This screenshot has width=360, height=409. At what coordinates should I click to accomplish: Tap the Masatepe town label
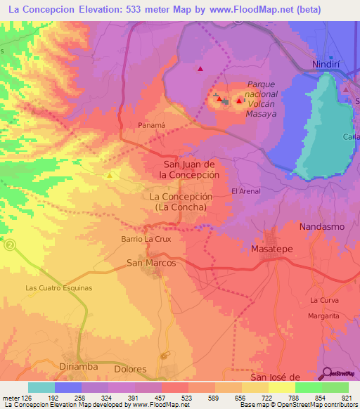pos(271,249)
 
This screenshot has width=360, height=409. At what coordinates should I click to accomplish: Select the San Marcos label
pos(150,263)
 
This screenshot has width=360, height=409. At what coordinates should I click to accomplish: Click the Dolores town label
pos(129,368)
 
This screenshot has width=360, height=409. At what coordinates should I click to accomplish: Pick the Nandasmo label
pos(323,227)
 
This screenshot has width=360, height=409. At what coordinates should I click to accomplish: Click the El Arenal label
pos(246,190)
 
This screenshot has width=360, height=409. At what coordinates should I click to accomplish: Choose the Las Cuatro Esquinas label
pos(59,288)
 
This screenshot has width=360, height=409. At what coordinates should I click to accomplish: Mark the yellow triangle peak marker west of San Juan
pos(109,174)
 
